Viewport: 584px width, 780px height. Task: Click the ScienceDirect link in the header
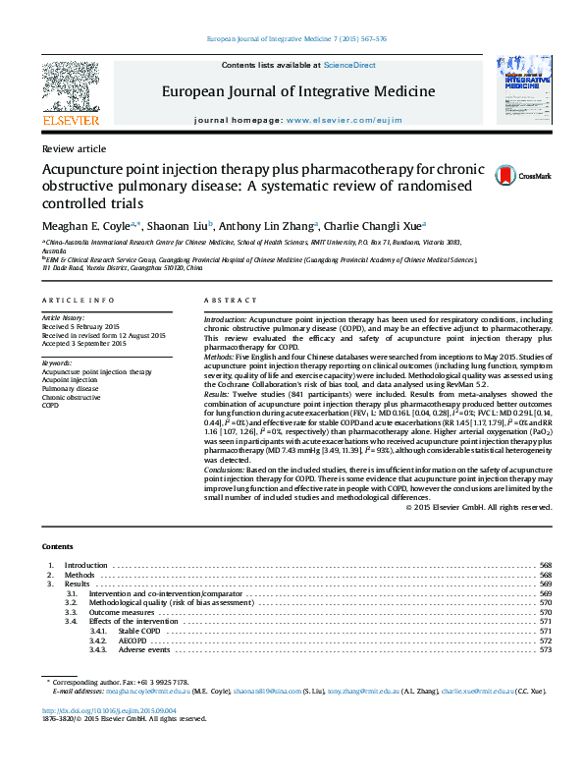tap(350, 65)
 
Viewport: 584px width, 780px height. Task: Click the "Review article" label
tap(74, 148)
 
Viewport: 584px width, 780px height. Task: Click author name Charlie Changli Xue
tap(374, 225)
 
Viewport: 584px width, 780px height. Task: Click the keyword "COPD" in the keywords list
tap(51, 405)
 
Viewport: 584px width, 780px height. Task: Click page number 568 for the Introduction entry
tap(546, 566)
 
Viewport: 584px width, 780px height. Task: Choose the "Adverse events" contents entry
tap(144, 650)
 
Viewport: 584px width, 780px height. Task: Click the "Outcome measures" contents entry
tap(122, 612)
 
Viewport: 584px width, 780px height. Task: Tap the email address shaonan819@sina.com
tap(267, 692)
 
